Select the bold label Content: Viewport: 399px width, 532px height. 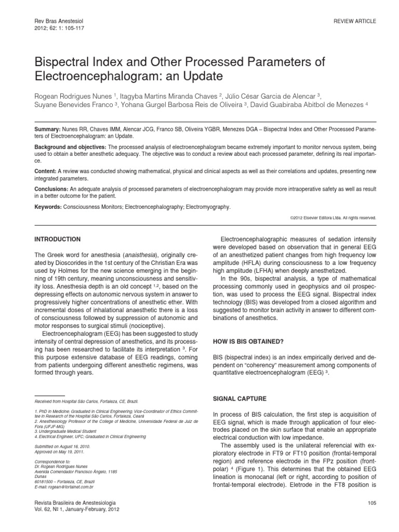(x=45, y=170)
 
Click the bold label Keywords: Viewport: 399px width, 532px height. (x=48, y=207)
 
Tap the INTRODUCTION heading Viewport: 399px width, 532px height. (x=57, y=240)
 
